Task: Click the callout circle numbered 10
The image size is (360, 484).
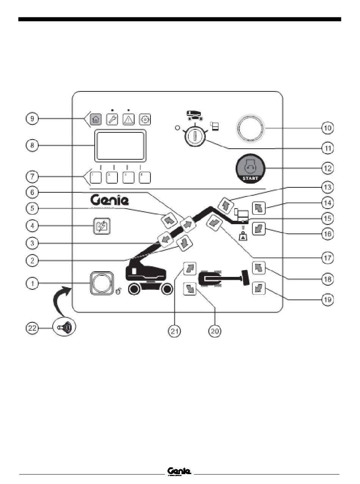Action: pos(328,128)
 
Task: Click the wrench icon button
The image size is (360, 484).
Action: pos(112,119)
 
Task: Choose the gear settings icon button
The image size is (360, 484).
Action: pos(145,119)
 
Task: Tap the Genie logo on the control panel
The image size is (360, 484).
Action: pos(110,200)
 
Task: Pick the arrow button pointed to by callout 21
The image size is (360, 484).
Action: pos(189,269)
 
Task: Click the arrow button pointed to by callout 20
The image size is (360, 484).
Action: pos(189,289)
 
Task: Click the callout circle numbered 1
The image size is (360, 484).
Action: pos(32,283)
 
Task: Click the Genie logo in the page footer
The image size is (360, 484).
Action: pos(180,471)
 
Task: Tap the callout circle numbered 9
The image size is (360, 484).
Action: pos(32,119)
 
